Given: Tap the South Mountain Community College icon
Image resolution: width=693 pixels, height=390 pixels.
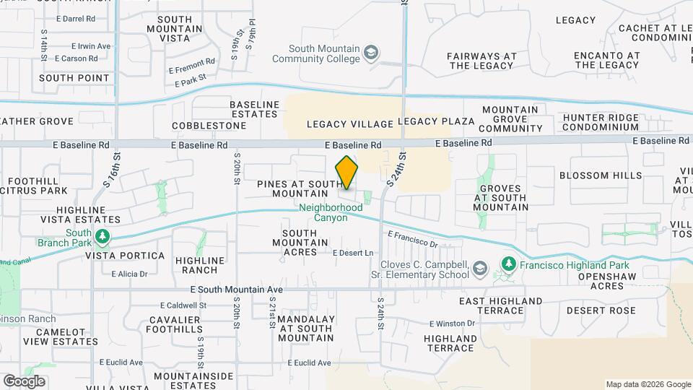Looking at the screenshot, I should point(371,53).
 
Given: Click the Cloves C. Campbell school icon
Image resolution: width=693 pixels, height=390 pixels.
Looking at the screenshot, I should point(479,270).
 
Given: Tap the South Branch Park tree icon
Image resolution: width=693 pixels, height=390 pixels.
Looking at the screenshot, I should point(103,237).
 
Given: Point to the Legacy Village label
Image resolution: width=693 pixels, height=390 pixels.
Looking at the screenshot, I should point(350,123).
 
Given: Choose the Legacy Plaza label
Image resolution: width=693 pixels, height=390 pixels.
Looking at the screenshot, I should point(436,121).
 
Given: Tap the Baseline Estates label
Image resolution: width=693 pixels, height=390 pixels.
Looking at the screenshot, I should point(254,109).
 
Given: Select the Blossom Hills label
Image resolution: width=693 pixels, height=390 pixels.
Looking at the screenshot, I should point(590,175).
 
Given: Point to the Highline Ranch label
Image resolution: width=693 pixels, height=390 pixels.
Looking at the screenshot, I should point(196,264).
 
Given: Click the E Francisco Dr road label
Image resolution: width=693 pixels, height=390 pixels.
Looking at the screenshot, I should point(413,240).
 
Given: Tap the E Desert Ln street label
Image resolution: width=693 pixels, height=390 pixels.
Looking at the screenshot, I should point(353,253).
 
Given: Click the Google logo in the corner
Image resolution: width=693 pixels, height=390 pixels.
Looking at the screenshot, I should point(24,381).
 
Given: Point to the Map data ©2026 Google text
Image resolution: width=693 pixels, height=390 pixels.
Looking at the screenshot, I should point(648,384).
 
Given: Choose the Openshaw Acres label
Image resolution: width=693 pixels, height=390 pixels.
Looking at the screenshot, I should point(596,281).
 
